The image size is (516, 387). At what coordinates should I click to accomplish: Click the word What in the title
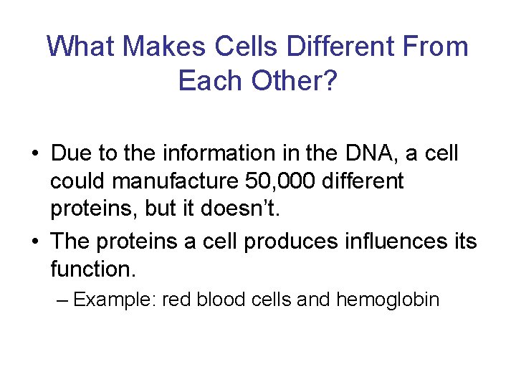pos(81,47)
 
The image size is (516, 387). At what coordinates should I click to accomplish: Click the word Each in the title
pos(211,81)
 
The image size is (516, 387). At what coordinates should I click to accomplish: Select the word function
pos(92,269)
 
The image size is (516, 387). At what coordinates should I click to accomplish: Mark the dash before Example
pos(62,299)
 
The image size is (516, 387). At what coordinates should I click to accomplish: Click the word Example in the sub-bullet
pos(115,299)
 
